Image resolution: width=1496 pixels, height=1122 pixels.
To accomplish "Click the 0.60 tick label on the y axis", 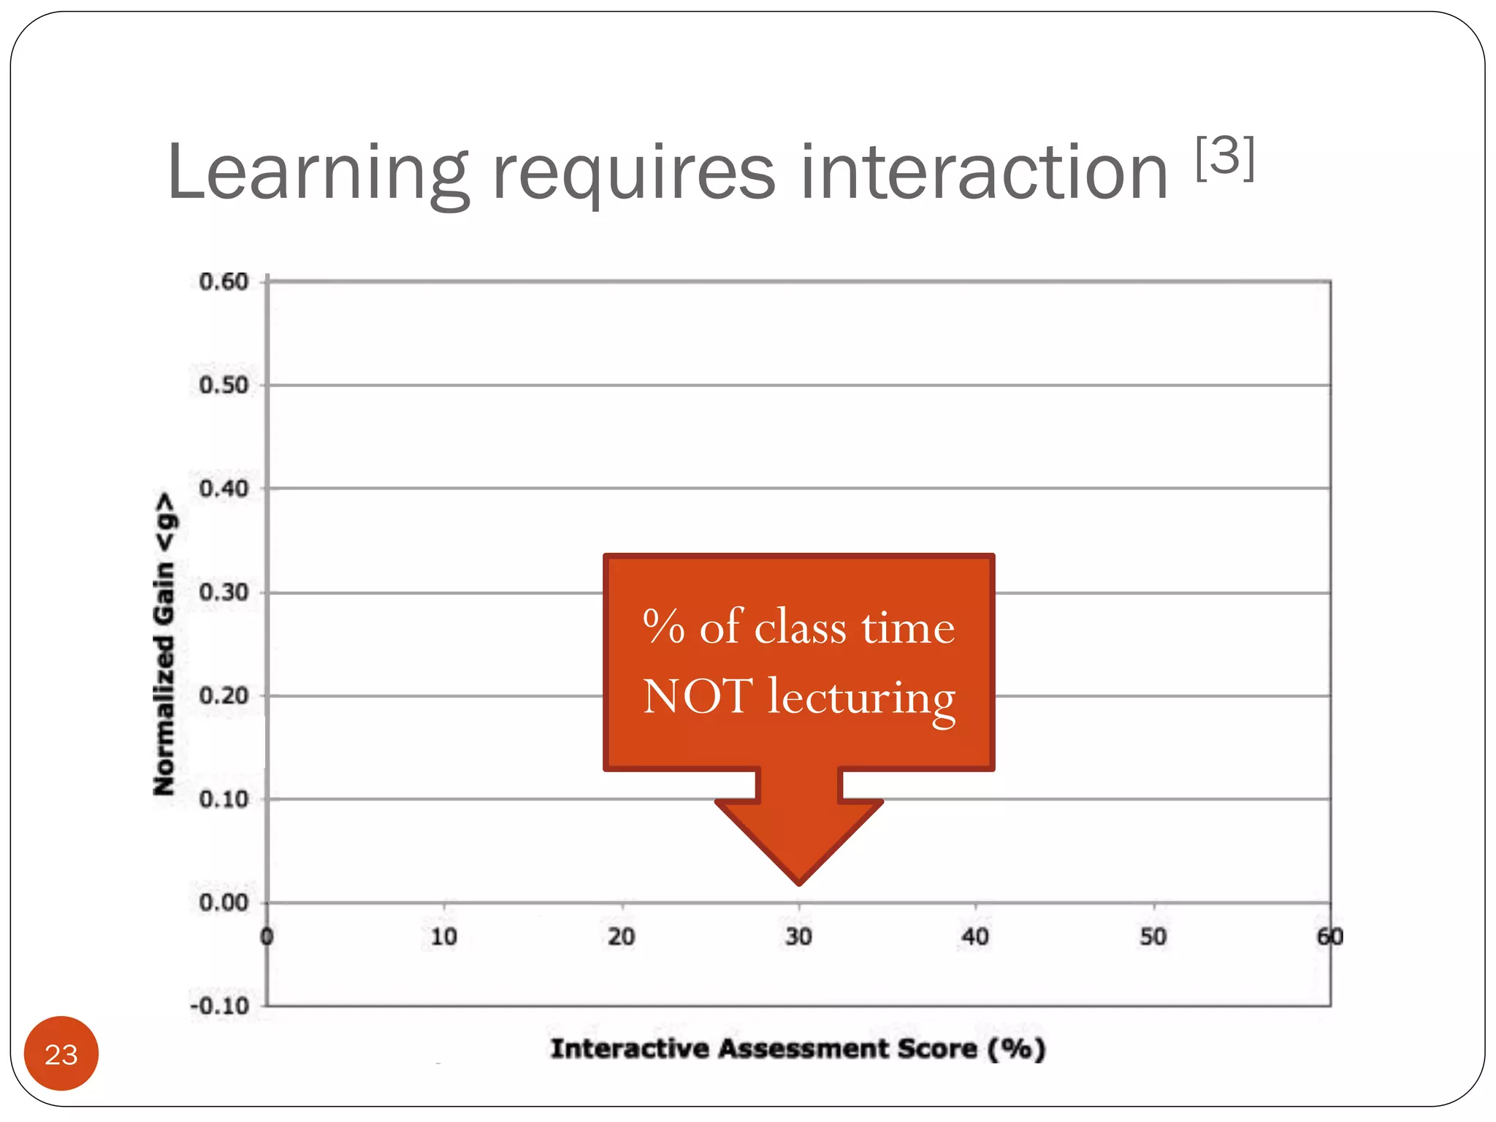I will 224,282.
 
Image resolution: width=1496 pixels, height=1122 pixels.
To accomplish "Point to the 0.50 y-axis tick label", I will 224,385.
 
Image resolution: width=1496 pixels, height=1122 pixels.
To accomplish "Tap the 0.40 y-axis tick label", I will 224,489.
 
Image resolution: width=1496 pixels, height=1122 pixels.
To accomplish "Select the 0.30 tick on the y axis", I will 224,592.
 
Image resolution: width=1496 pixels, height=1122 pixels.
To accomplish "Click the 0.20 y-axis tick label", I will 224,696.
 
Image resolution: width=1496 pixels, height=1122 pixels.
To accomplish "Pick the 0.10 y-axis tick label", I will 224,799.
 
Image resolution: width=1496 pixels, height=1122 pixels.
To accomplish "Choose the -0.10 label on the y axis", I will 220,1007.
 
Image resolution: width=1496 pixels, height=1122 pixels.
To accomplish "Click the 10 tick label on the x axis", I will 443,937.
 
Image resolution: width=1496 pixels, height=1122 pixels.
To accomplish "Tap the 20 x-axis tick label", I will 622,937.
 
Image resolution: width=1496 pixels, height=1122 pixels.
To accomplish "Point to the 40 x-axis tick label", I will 975,937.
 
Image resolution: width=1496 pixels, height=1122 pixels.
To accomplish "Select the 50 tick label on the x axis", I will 1153,937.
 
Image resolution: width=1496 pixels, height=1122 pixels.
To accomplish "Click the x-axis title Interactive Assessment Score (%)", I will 798,1049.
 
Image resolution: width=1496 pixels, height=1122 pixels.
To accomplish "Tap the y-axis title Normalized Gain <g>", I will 165,644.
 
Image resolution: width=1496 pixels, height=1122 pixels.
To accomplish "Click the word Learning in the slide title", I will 317,174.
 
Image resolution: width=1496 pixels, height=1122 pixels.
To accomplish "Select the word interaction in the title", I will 984,174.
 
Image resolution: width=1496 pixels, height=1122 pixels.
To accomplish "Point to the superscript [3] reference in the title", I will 1225,157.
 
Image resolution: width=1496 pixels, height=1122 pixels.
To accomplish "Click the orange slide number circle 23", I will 61,1054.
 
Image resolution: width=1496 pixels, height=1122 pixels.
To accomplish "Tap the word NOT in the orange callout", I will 697,695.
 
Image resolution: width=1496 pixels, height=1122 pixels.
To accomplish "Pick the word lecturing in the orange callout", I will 861,698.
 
